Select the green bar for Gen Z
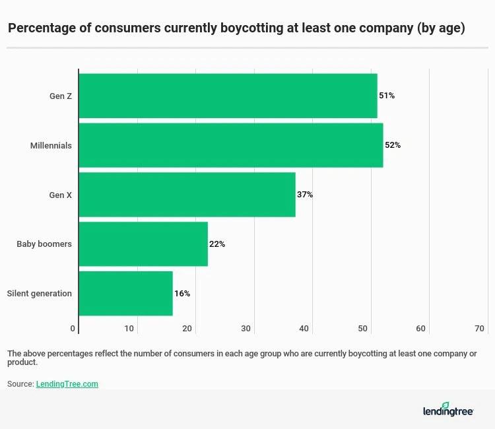click(x=228, y=96)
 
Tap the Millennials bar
click(x=230, y=145)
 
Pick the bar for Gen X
click(x=187, y=195)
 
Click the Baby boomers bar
click(x=143, y=244)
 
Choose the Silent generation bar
click(x=125, y=294)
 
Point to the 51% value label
click(x=387, y=96)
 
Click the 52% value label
click(x=393, y=145)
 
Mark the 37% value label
click(x=305, y=195)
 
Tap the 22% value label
click(x=217, y=244)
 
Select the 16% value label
click(x=182, y=294)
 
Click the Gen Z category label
click(x=61, y=96)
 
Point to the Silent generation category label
click(x=39, y=294)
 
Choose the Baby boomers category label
click(x=44, y=244)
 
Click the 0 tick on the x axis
click(x=73, y=329)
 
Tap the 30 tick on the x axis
click(x=246, y=329)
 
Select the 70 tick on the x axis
click(x=480, y=329)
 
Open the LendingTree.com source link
click(x=67, y=383)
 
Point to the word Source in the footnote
click(x=20, y=383)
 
